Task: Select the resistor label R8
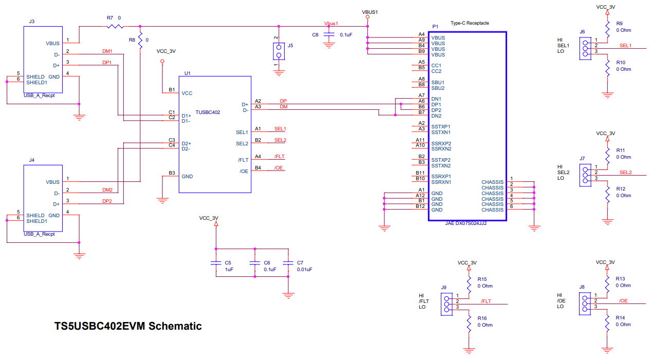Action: [x=132, y=40]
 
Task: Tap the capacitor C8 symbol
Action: [x=329, y=34]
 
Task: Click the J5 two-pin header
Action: [x=279, y=51]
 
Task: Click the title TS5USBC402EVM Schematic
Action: [x=128, y=326]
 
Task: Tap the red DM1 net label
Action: [x=107, y=51]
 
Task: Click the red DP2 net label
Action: [x=107, y=201]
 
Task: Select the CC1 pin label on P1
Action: [x=436, y=65]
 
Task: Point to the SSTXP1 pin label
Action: [x=441, y=126]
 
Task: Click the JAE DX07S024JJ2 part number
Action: [x=465, y=223]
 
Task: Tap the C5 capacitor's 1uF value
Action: [x=229, y=269]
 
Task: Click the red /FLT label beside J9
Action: [x=486, y=301]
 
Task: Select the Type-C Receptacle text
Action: [x=470, y=23]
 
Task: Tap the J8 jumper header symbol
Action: [x=585, y=303]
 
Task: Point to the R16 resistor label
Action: [x=482, y=318]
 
